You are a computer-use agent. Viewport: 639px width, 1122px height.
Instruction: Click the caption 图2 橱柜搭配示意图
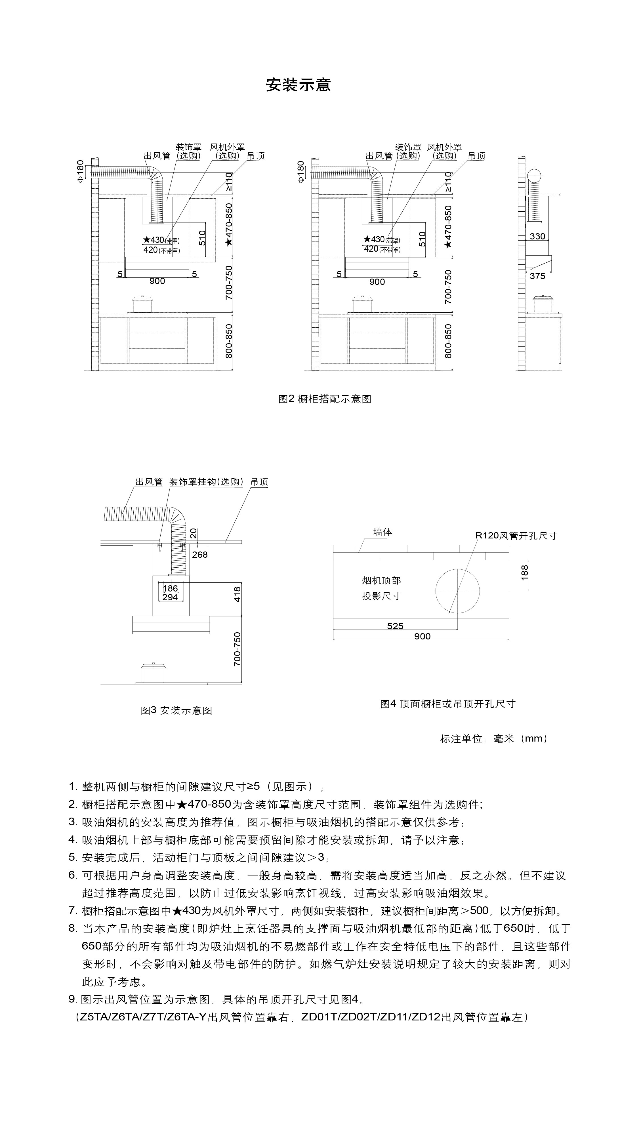pyautogui.click(x=325, y=399)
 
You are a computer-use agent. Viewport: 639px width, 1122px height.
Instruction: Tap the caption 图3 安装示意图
pyautogui.click(x=176, y=710)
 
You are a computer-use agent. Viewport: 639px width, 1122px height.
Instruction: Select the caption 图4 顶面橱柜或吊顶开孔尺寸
pyautogui.click(x=448, y=704)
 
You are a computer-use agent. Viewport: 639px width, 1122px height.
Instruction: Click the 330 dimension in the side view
pyautogui.click(x=537, y=236)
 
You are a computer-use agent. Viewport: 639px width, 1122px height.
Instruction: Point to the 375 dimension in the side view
pyautogui.click(x=537, y=276)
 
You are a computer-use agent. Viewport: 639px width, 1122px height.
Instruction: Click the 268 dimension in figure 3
pyautogui.click(x=200, y=555)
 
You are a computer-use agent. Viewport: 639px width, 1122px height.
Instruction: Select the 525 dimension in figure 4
pyautogui.click(x=395, y=626)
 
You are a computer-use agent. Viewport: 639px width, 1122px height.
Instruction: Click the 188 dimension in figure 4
pyautogui.click(x=525, y=572)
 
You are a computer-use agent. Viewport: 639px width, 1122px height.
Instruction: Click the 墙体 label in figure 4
pyautogui.click(x=383, y=532)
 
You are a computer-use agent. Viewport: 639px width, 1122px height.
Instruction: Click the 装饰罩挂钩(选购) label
pyautogui.click(x=206, y=482)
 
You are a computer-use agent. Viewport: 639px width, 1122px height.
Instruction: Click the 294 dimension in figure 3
pyautogui.click(x=170, y=597)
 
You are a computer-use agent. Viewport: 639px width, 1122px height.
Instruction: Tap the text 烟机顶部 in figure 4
pyautogui.click(x=381, y=580)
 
